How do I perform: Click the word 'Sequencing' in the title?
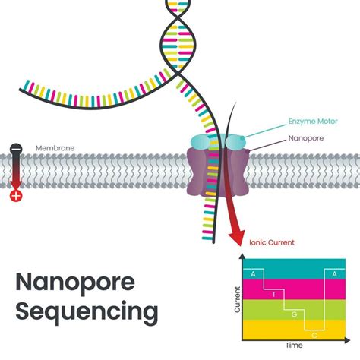coord(87,311)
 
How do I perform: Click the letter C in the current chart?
coord(314,332)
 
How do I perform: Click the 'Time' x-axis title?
coord(293,346)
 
